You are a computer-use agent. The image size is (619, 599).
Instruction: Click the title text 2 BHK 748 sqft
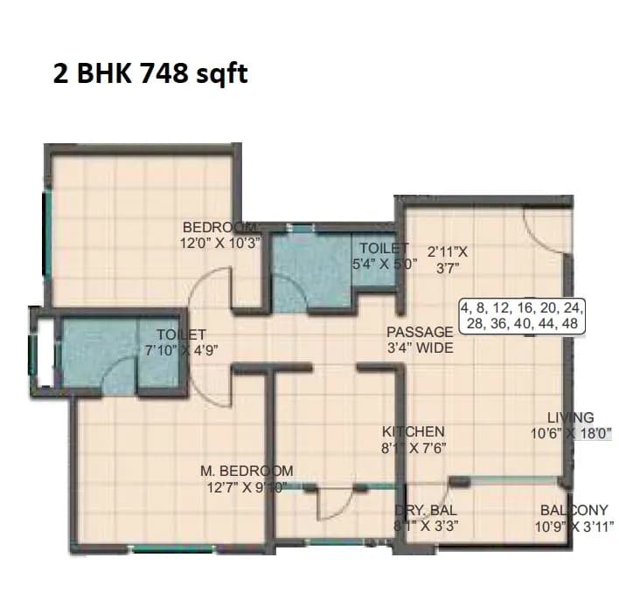[x=150, y=75]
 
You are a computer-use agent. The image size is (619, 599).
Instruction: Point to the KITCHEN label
[x=414, y=431]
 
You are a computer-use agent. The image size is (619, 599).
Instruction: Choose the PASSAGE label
[x=421, y=332]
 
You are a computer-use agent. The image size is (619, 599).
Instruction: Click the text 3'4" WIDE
[x=421, y=348]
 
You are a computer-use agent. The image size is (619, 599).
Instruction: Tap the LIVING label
[x=570, y=417]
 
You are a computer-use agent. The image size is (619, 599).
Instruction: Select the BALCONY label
[x=574, y=510]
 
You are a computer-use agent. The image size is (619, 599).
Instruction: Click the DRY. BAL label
[x=426, y=510]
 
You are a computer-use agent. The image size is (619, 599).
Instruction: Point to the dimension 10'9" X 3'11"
[x=574, y=527]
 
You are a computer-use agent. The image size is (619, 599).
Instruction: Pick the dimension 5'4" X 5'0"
[x=384, y=262]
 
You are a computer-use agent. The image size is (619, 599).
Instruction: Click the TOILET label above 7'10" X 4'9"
[x=181, y=334]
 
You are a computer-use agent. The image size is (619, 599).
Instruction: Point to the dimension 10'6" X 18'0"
[x=569, y=432]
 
